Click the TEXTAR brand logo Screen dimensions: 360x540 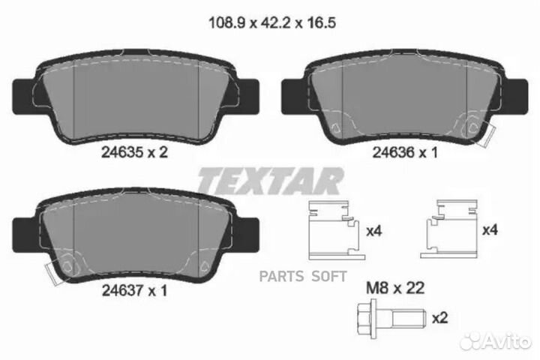tap(269, 180)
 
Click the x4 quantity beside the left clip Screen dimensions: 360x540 tap(373, 232)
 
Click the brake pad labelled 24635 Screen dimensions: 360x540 tap(133, 97)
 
